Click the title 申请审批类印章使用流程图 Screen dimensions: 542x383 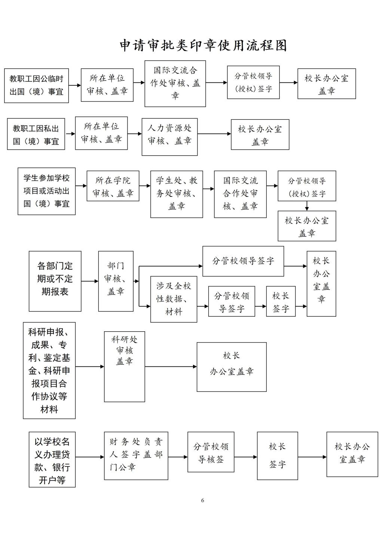(203, 45)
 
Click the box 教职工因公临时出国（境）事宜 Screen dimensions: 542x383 (36, 85)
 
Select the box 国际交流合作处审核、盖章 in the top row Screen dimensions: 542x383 (175, 83)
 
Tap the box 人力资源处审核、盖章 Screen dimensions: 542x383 (169, 137)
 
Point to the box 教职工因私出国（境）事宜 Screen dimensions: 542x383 (36, 134)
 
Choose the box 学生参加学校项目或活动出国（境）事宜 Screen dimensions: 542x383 (46, 191)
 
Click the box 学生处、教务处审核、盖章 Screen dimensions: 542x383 (177, 194)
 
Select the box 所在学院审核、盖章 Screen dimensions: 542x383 (113, 186)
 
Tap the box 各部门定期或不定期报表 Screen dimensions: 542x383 (55, 281)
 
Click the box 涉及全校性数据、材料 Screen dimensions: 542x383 (174, 299)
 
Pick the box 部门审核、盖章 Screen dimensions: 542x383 (116, 281)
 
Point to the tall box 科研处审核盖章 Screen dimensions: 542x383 (124, 366)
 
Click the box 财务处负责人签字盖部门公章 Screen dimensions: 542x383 (136, 456)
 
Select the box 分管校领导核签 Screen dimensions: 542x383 (211, 452)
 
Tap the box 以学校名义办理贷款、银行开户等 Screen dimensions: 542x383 (52, 459)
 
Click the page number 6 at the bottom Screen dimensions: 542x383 (203, 500)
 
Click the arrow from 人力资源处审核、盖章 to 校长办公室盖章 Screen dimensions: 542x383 (214, 134)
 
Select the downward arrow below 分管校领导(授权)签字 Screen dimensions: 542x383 (307, 206)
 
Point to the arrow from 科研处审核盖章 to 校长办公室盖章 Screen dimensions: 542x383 (171, 366)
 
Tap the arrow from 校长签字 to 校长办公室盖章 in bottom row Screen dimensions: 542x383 (312, 457)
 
